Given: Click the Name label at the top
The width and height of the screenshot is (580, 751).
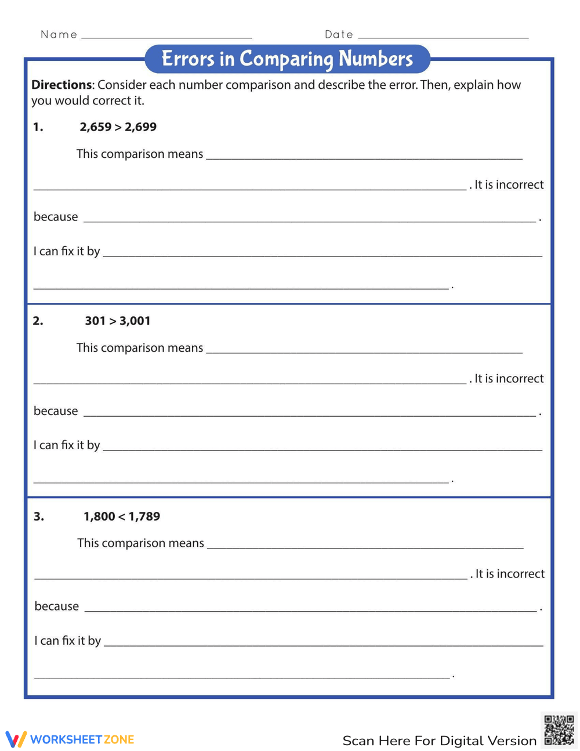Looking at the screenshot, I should click(x=59, y=34).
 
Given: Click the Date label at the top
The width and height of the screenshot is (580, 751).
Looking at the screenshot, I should click(x=339, y=34).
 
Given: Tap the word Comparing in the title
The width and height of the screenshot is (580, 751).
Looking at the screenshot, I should click(x=287, y=59).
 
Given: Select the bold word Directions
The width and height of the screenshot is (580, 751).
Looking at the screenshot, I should click(x=61, y=85).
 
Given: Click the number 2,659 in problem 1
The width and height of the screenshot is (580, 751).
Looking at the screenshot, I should click(x=95, y=127).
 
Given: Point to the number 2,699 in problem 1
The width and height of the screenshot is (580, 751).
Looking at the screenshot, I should click(x=140, y=127).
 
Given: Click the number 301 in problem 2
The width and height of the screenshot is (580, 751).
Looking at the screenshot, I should click(x=95, y=321).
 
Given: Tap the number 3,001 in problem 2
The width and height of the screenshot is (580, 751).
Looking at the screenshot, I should click(x=135, y=321).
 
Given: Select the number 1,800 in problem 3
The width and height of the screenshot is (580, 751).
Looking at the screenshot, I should click(x=99, y=517).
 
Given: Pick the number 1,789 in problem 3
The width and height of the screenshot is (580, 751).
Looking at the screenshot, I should click(x=144, y=517).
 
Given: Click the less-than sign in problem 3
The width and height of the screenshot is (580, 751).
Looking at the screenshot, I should click(x=122, y=517).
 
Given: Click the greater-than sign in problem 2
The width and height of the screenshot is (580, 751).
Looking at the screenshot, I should click(x=113, y=321).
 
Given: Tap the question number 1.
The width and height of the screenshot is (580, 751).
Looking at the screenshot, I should click(x=38, y=127).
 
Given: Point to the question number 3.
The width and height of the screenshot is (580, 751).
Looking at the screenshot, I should click(x=38, y=517).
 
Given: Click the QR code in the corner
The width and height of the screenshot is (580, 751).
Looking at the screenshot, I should click(x=559, y=730).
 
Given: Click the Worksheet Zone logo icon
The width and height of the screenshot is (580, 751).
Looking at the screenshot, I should click(x=16, y=739).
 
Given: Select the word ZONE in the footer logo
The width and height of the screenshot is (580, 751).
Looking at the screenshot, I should click(x=119, y=739).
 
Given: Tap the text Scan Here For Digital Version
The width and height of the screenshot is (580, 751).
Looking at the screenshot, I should click(x=439, y=741).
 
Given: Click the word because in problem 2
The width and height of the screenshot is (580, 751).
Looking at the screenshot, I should click(x=56, y=411).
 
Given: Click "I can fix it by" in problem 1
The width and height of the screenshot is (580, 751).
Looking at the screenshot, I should click(x=67, y=251).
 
